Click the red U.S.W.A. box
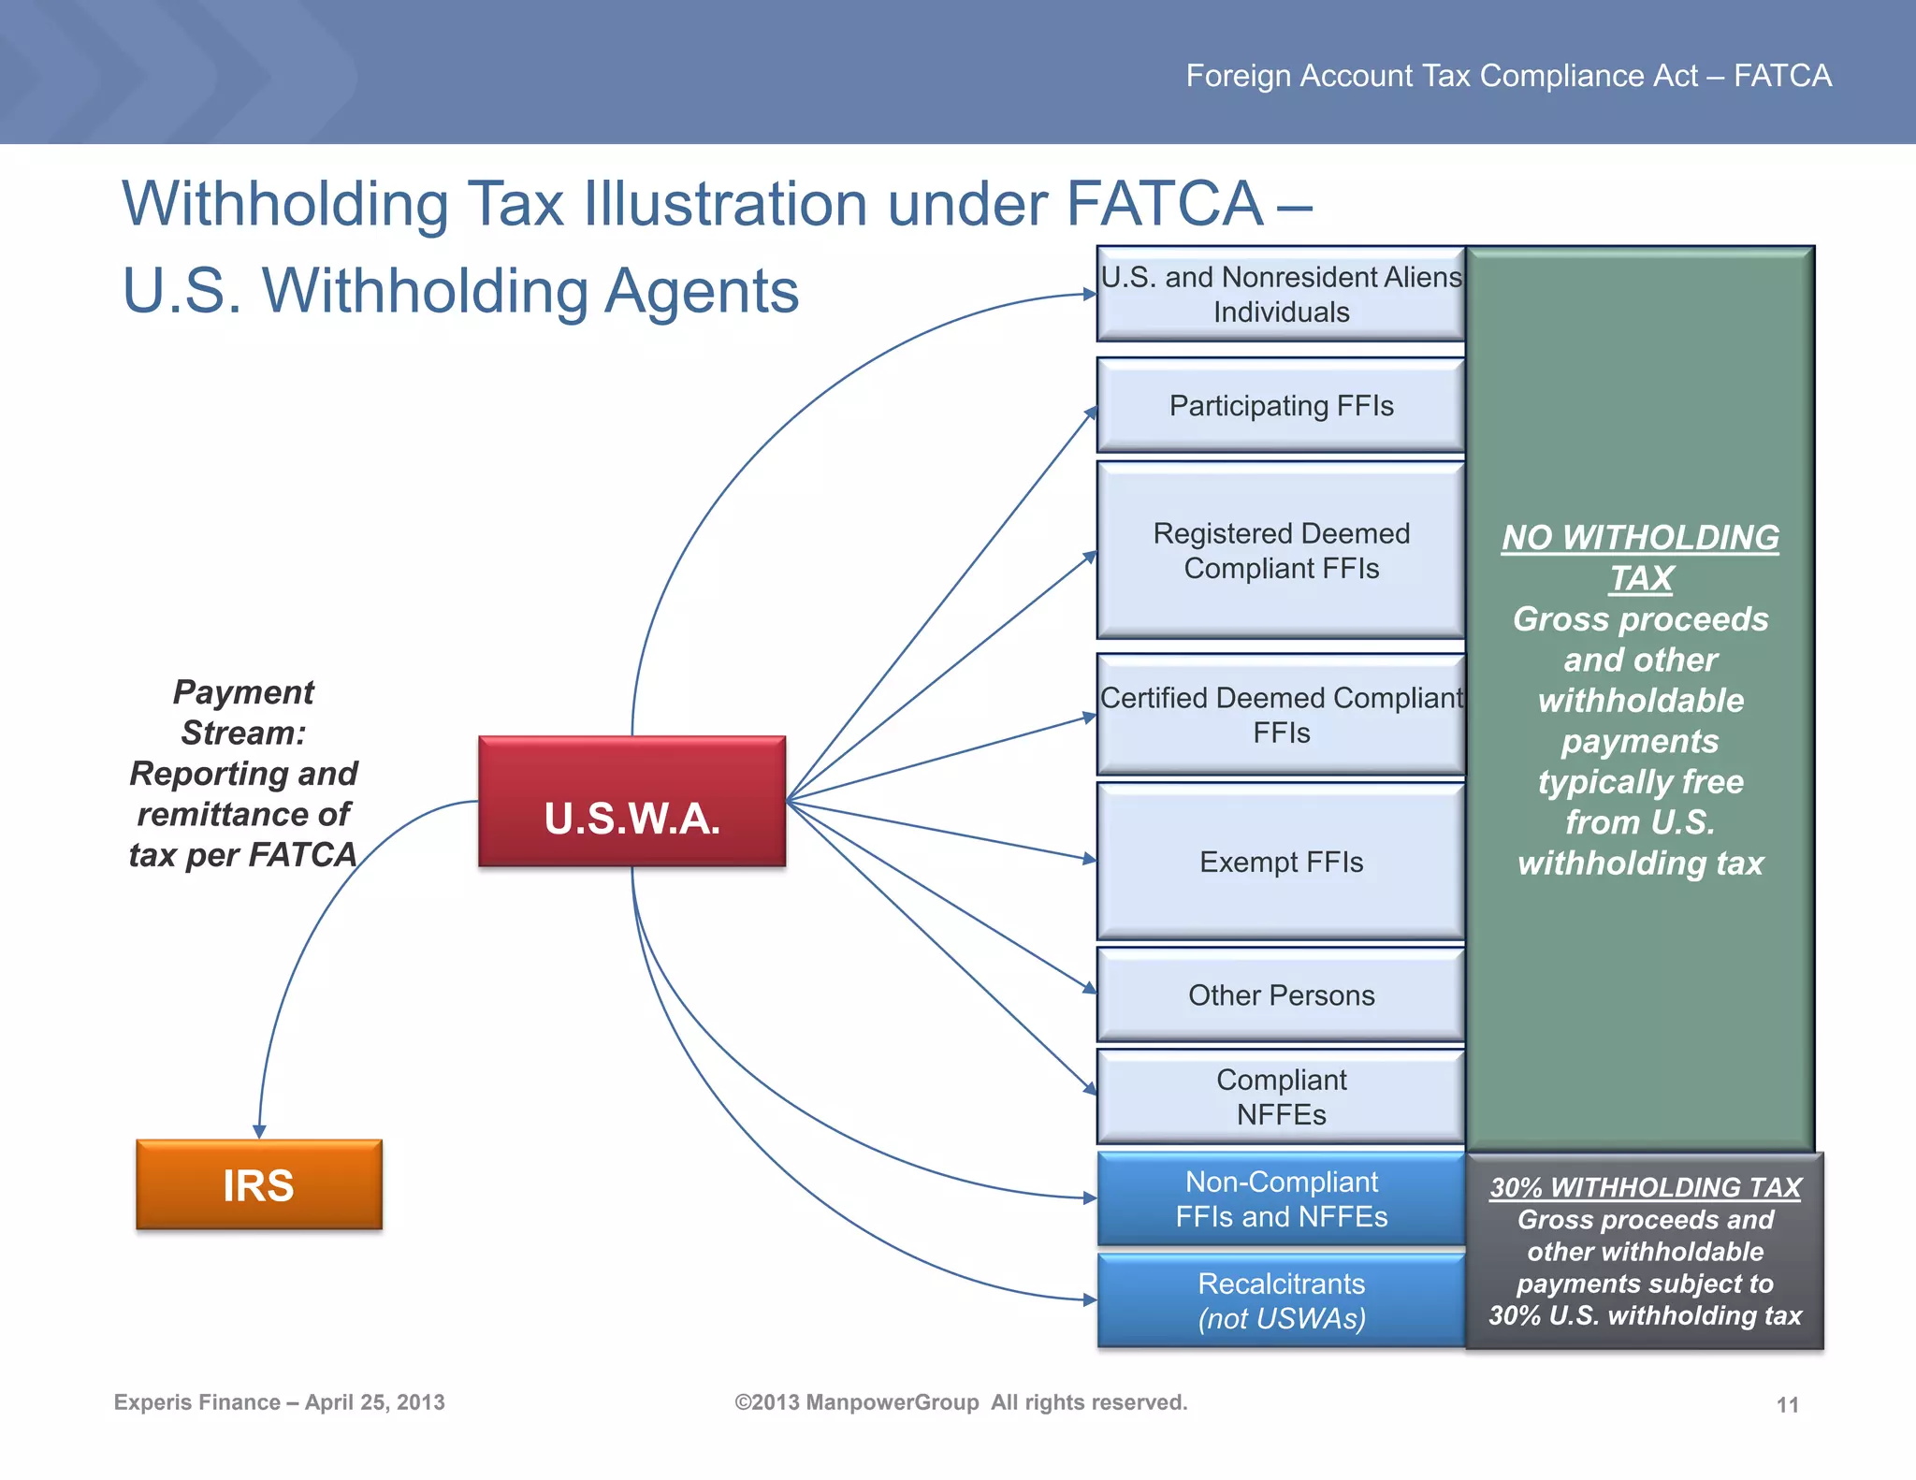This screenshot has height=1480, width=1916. point(631,802)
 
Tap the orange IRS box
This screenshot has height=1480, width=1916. point(259,1184)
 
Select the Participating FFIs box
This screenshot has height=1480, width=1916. point(1281,406)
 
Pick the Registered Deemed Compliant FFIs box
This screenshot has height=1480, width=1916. point(1281,550)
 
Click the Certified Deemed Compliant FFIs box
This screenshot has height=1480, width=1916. point(1281,715)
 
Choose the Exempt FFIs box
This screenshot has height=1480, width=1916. point(1281,862)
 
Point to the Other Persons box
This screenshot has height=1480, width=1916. point(1281,994)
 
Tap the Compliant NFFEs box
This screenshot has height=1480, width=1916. point(1281,1096)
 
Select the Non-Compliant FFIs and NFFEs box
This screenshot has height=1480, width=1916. point(1281,1198)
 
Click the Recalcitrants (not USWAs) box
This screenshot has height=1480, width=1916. point(1281,1300)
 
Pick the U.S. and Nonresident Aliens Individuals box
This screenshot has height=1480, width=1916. point(1281,294)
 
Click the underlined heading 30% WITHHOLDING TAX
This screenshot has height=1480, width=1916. point(1645,1187)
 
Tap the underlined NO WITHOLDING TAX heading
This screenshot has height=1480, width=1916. point(1641,558)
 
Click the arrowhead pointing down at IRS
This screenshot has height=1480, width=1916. point(259,1131)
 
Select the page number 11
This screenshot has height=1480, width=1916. point(1787,1404)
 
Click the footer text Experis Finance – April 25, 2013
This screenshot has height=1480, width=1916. point(279,1402)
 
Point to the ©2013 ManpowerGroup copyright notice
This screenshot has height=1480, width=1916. point(961,1402)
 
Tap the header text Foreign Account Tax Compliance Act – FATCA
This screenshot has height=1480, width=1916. point(1508,76)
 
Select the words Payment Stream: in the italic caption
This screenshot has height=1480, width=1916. point(243,712)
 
